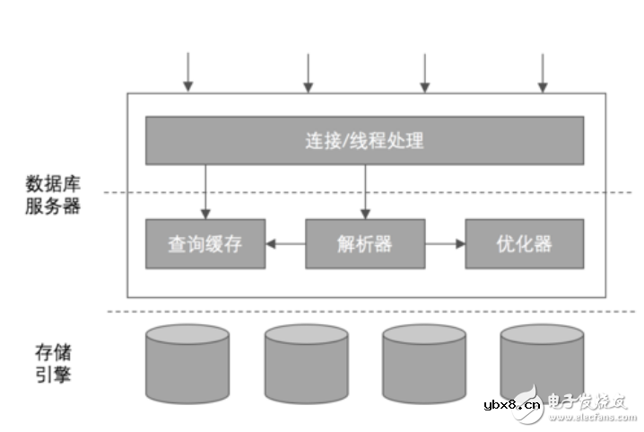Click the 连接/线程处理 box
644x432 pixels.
click(x=364, y=140)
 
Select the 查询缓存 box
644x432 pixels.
click(x=205, y=243)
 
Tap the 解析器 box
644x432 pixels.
click(x=365, y=243)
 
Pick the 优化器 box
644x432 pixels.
click(x=524, y=243)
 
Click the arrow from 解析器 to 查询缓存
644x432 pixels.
click(x=285, y=243)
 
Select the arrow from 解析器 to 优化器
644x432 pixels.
click(x=445, y=243)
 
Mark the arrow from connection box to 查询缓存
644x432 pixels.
click(x=205, y=190)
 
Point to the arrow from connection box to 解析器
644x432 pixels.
click(x=365, y=190)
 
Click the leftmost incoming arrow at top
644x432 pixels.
click(x=187, y=72)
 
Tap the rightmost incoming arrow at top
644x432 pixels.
click(x=542, y=72)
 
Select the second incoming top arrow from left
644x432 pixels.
click(x=307, y=72)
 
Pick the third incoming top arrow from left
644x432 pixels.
click(x=424, y=72)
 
